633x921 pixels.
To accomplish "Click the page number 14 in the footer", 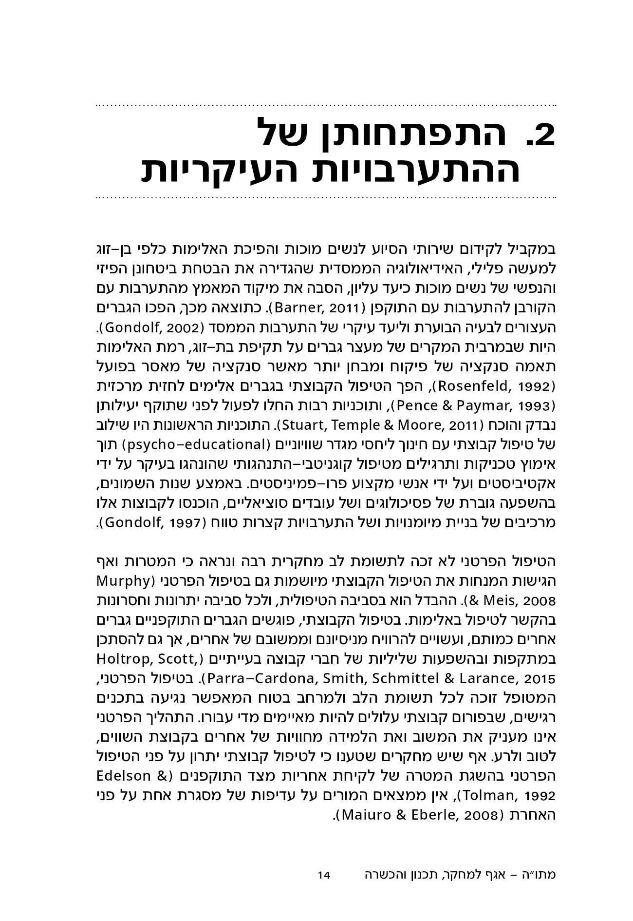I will [324, 875].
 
